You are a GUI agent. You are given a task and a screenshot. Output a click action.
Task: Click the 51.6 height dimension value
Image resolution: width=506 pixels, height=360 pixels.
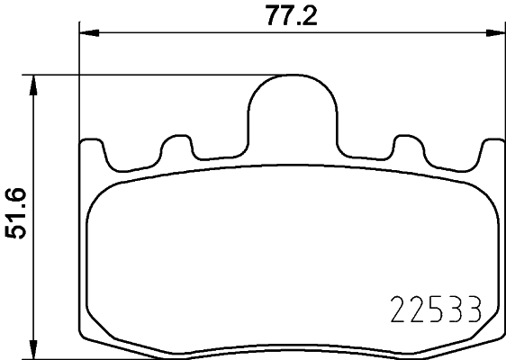tap(16, 214)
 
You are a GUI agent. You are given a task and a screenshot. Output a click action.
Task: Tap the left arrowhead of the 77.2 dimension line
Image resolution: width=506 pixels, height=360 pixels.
tap(87, 33)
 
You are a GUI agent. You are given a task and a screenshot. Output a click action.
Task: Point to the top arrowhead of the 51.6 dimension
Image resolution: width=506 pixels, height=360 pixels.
tap(34, 82)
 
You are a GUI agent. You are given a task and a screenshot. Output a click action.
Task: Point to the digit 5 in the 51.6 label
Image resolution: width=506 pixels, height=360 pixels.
tap(16, 234)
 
